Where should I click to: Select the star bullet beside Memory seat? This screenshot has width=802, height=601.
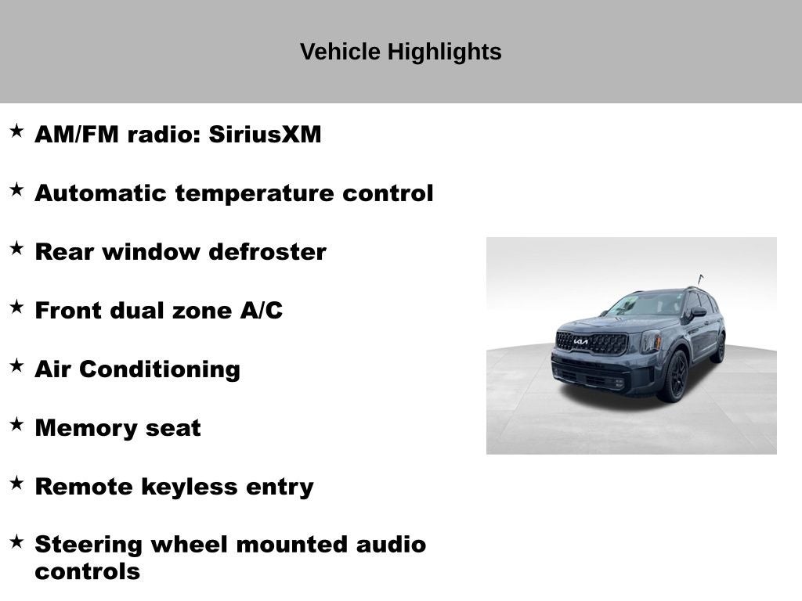pyautogui.click(x=16, y=424)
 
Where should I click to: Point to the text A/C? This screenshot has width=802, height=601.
pyautogui.click(x=261, y=311)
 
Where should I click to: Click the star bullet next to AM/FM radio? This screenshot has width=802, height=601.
pyautogui.click(x=16, y=131)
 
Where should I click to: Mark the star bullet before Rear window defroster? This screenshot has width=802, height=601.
pyautogui.click(x=16, y=248)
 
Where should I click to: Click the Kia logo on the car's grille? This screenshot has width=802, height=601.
pyautogui.click(x=580, y=341)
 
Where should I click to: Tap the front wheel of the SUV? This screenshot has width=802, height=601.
pyautogui.click(x=675, y=377)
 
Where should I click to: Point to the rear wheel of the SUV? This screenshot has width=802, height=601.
pyautogui.click(x=718, y=348)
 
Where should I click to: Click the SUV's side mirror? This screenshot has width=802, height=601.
pyautogui.click(x=697, y=311)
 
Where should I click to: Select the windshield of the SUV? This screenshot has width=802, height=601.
pyautogui.click(x=646, y=304)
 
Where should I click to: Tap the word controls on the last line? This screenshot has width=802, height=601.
pyautogui.click(x=87, y=572)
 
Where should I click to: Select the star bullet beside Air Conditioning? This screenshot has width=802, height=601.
pyautogui.click(x=16, y=365)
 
